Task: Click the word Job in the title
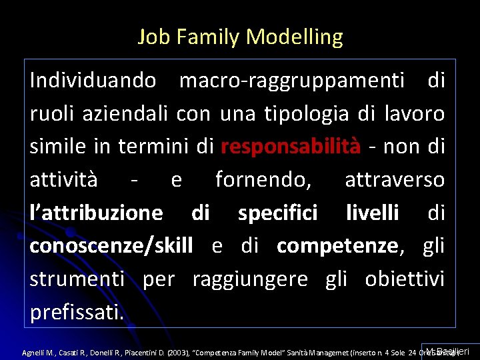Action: point(151,37)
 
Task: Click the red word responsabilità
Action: point(291,146)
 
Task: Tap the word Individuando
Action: point(93,81)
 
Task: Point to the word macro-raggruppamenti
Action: point(292,81)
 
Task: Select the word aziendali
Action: point(127,113)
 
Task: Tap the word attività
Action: point(63,179)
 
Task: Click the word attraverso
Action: point(395,179)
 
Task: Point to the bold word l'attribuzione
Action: point(96,213)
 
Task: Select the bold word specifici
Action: point(277,213)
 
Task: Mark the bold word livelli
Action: point(373,213)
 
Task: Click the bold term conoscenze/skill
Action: point(111,245)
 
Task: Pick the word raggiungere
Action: point(250,278)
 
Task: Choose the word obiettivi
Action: point(405,278)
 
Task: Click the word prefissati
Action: point(77,311)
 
